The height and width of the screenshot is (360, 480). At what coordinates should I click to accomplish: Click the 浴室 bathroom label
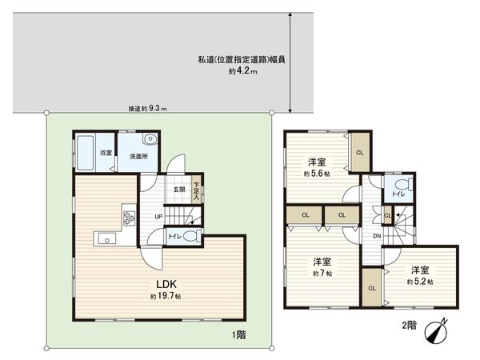pyautogui.click(x=104, y=152)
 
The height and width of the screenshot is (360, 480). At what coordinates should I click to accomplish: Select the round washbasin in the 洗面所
pyautogui.click(x=150, y=139)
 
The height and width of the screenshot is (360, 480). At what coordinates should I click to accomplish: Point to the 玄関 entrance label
pyautogui.click(x=179, y=190)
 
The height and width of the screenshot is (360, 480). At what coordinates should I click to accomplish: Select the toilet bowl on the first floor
pyautogui.click(x=189, y=236)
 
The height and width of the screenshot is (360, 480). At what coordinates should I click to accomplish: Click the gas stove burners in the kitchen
pyautogui.click(x=128, y=216)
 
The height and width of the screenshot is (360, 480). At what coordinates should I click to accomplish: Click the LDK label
pyautogui.click(x=166, y=283)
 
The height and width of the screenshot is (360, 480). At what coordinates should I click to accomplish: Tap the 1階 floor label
pyautogui.click(x=238, y=334)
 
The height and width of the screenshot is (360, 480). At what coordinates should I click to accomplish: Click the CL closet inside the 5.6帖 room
pyautogui.click(x=359, y=152)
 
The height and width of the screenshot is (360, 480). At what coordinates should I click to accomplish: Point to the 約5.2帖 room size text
pyautogui.click(x=419, y=282)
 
